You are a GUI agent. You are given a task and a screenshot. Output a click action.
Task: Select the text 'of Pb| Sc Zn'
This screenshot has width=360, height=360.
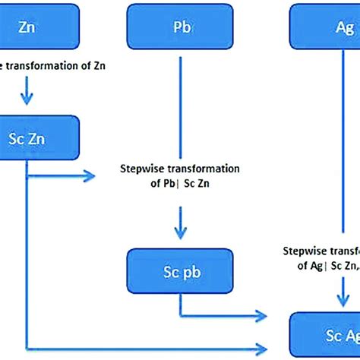point(180,184)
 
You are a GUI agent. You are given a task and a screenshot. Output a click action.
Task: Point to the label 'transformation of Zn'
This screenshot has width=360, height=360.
point(57,65)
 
